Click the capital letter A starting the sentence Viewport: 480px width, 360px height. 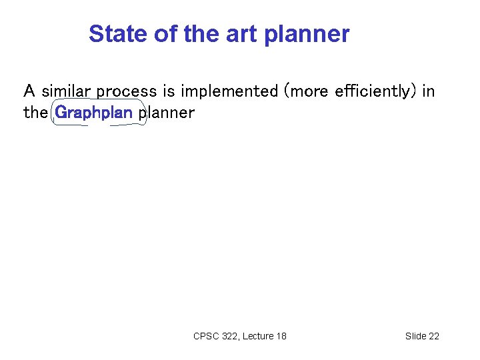click(29, 91)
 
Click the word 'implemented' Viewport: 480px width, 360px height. click(229, 92)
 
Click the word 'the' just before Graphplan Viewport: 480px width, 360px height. click(35, 113)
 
